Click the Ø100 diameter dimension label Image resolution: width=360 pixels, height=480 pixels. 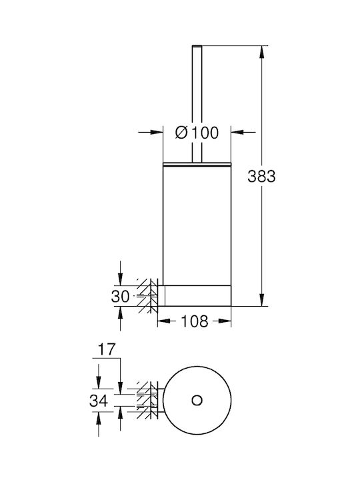197,133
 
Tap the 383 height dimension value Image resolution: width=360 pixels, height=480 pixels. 261,176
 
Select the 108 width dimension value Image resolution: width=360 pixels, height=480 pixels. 195,321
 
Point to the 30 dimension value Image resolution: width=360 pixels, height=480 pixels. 120,296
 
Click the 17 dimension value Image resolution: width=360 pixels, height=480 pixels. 107,349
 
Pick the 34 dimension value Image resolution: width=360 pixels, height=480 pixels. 99,401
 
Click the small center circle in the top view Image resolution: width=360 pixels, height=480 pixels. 197,400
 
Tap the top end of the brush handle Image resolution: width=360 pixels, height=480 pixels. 197,46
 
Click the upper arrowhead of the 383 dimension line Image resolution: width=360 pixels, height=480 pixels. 261,52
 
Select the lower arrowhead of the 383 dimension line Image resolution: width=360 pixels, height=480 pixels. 261,299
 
